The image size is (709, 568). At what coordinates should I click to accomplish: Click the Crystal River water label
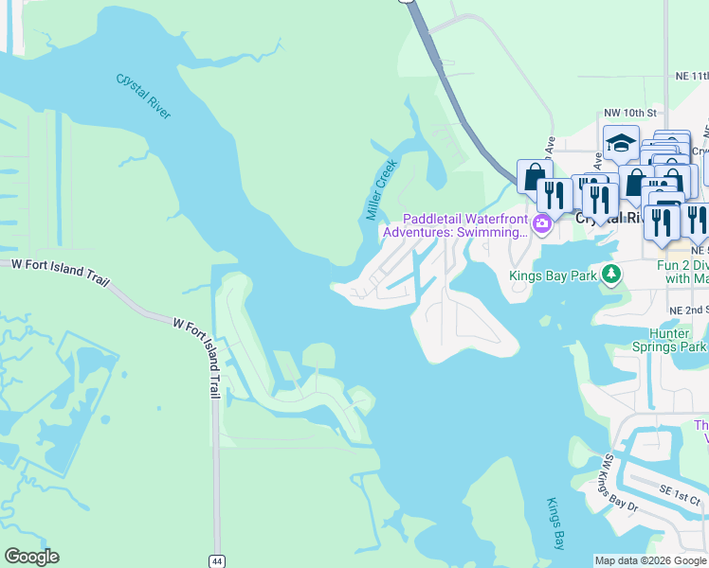click(144, 97)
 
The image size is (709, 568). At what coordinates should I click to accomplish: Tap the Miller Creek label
click(381, 189)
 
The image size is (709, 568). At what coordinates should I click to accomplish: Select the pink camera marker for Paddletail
click(542, 224)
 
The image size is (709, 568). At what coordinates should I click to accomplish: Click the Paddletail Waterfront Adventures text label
click(455, 225)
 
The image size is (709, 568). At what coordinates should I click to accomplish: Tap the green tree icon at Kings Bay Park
click(612, 275)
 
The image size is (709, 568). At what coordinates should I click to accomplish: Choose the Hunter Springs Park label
click(663, 340)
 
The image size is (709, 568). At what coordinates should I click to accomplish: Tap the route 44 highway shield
click(217, 560)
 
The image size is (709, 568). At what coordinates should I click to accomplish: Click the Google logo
click(31, 557)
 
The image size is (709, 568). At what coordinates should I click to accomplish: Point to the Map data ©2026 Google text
click(650, 560)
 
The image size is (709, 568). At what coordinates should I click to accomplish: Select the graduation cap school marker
click(621, 144)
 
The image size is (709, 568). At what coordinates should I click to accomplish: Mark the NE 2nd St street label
click(687, 310)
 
